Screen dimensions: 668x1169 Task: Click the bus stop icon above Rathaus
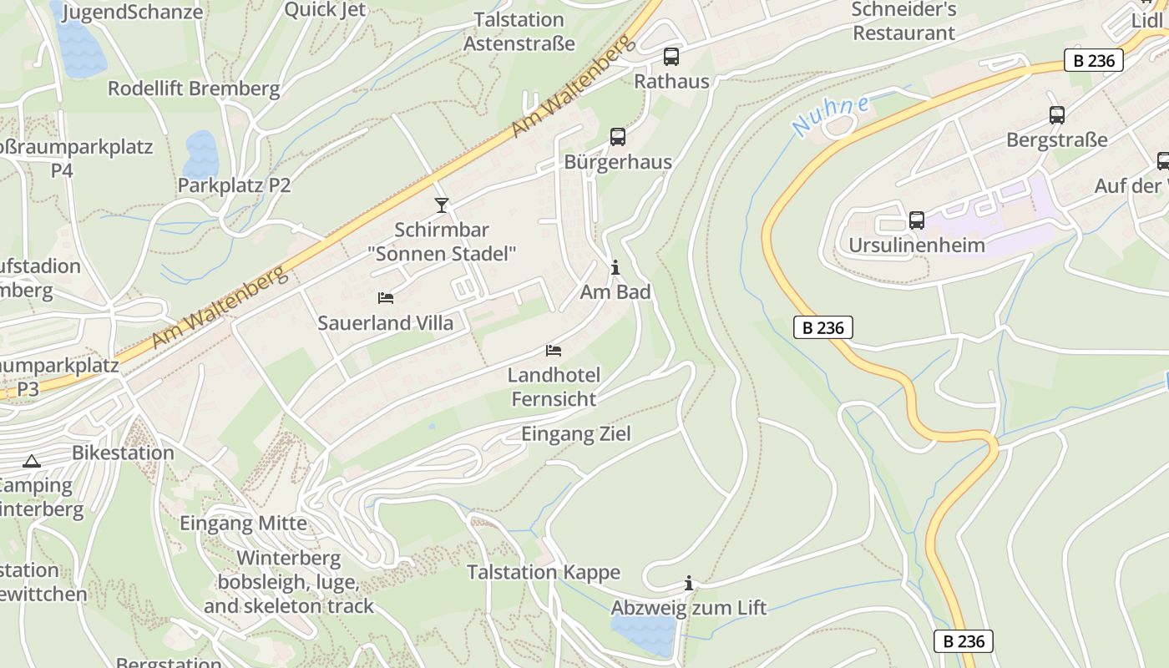671,57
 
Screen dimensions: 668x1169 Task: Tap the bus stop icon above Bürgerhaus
617,137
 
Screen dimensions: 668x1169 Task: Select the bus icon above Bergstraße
1056,115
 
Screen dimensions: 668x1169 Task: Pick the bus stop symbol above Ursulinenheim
916,220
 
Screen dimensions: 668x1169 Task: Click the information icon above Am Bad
615,268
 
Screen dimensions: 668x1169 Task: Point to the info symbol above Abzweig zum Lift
688,583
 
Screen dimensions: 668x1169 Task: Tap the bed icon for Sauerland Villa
385,297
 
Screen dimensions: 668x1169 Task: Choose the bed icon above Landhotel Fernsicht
553,351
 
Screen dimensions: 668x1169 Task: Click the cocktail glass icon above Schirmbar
441,205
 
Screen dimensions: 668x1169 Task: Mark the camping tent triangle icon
31,461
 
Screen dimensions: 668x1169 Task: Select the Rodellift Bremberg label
194,89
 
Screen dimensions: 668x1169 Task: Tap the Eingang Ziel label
576,434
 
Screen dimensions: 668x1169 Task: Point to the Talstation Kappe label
544,572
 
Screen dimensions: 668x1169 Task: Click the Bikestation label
124,453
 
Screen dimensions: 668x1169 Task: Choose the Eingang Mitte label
244,524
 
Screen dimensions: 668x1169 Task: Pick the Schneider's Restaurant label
903,22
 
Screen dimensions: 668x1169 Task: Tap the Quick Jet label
325,9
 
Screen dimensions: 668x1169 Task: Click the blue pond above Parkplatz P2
201,153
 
